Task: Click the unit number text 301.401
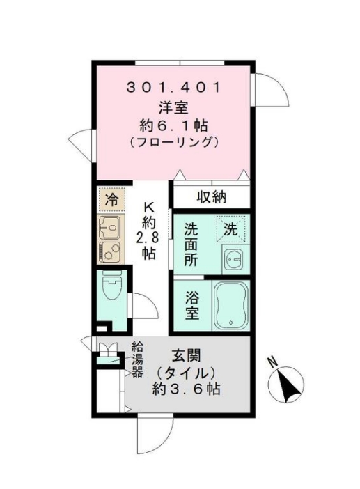(x=174, y=88)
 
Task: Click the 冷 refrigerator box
(x=111, y=200)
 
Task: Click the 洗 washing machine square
(x=230, y=227)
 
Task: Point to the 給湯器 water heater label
(x=138, y=359)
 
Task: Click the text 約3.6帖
(x=187, y=389)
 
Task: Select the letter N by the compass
(x=274, y=362)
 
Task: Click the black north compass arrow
(x=287, y=382)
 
